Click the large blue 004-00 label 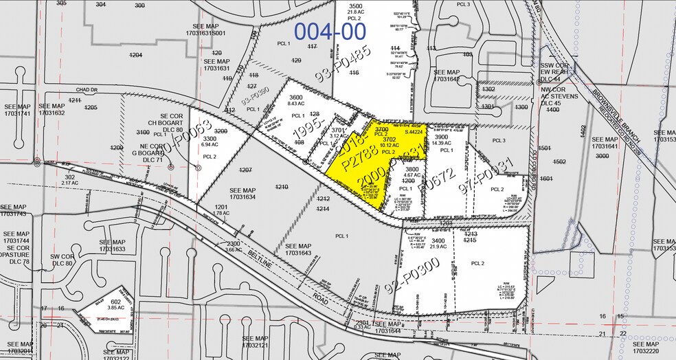(330, 30)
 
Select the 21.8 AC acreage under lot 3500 (355, 12)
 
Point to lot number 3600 (296, 98)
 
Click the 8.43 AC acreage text (296, 104)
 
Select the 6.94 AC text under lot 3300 (201, 146)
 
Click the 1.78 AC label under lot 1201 (221, 213)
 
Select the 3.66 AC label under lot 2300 (234, 250)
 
